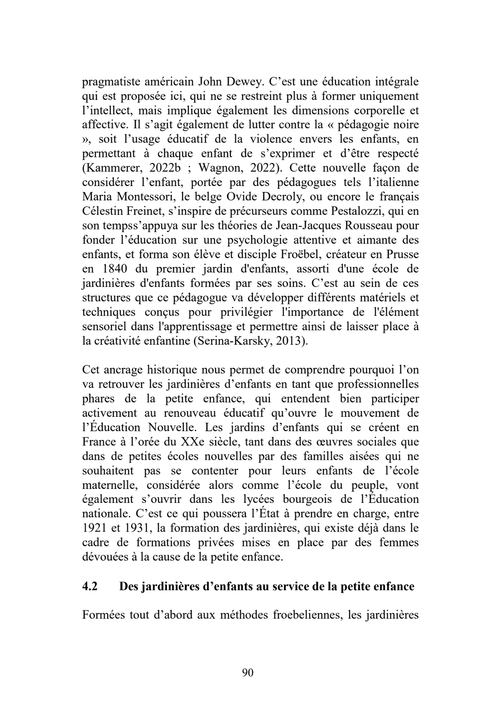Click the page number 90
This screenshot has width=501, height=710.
248,672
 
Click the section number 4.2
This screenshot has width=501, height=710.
90,586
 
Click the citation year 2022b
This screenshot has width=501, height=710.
165,168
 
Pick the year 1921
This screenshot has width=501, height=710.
95,528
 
